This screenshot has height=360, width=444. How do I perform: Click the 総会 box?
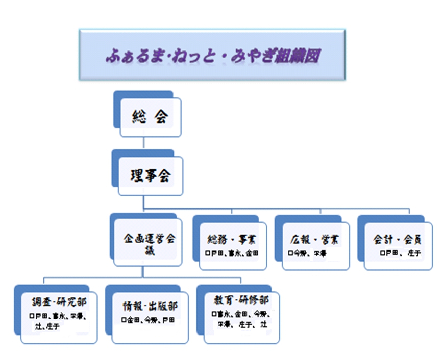pos(150,118)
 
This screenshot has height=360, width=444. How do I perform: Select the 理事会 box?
pos(150,176)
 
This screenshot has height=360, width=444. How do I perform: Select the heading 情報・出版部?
pos(150,306)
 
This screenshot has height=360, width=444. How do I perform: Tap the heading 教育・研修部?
pos(239,299)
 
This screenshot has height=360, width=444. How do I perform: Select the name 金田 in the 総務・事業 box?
pos(252,253)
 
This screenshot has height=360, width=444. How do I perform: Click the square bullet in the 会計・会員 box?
pos(382,253)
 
